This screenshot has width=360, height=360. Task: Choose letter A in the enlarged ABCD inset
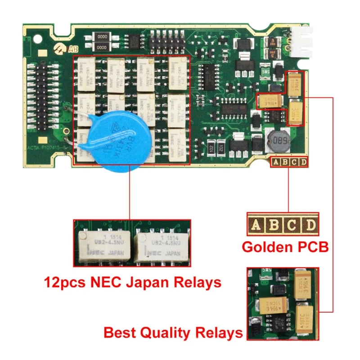(x=256, y=225)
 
